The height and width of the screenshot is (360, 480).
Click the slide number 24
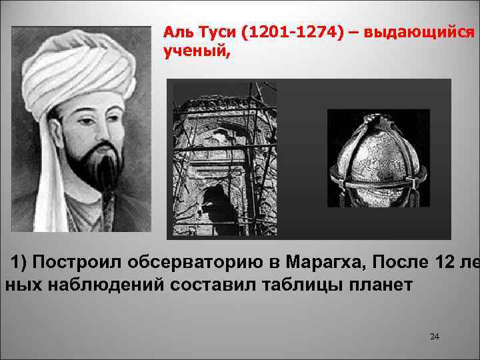tap(435, 336)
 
